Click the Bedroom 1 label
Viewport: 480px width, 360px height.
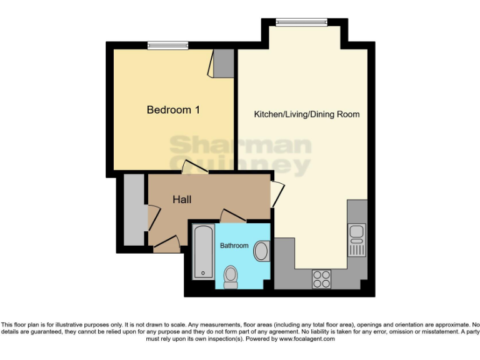click(x=173, y=110)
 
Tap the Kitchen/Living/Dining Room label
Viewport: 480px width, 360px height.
click(x=306, y=114)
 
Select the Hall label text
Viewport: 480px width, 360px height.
click(x=182, y=200)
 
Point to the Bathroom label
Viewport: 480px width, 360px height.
click(x=234, y=246)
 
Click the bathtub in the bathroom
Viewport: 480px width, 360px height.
click(x=203, y=253)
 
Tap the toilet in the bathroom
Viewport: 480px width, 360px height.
click(x=231, y=277)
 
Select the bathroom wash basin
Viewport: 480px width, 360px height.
click(x=261, y=251)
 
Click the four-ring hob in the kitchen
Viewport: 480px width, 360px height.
click(x=321, y=278)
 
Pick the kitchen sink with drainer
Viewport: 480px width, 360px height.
click(x=357, y=241)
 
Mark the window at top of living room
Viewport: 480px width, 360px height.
click(x=302, y=23)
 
